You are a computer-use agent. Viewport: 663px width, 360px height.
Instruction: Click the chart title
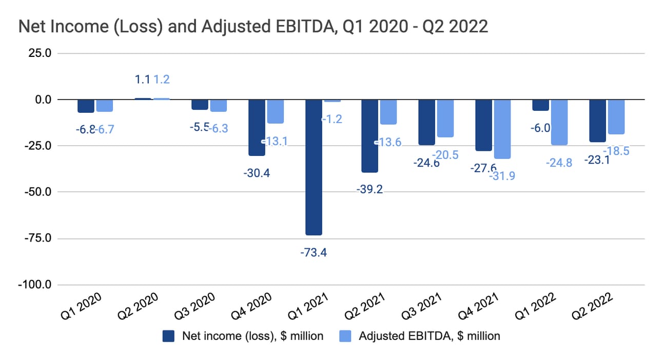point(253,27)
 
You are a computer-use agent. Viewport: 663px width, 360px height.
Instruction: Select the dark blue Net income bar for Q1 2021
point(314,167)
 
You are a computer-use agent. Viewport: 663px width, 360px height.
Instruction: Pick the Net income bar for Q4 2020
point(257,127)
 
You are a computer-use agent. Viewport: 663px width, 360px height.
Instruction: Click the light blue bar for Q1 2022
point(558,122)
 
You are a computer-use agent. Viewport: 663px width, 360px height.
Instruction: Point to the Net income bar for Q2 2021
point(370,135)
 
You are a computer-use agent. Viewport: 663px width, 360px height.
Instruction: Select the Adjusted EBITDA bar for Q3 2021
point(445,118)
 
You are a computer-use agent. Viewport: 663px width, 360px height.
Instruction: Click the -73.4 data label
point(314,252)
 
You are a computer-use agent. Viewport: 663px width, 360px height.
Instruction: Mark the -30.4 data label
point(257,173)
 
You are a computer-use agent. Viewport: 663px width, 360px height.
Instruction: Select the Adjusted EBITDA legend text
point(429,336)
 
